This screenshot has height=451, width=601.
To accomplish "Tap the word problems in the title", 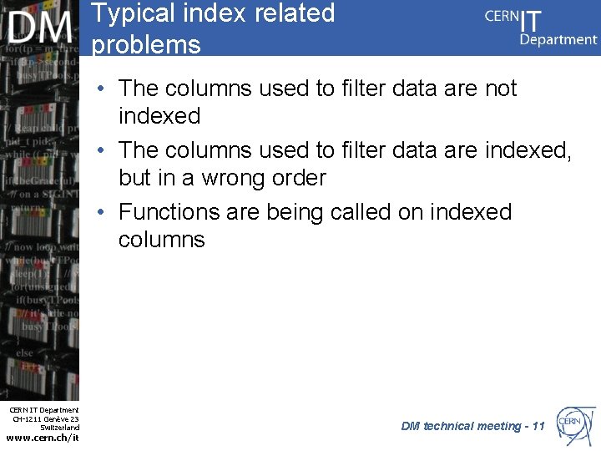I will click(146, 44).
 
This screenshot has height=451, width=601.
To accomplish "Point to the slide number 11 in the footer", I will click(538, 426).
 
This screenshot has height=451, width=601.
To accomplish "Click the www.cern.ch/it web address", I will click(43, 437).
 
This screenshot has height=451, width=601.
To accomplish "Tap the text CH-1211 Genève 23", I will click(46, 418).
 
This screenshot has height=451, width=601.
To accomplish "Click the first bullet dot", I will click(99, 89).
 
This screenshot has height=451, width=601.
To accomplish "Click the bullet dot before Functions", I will click(99, 213).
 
